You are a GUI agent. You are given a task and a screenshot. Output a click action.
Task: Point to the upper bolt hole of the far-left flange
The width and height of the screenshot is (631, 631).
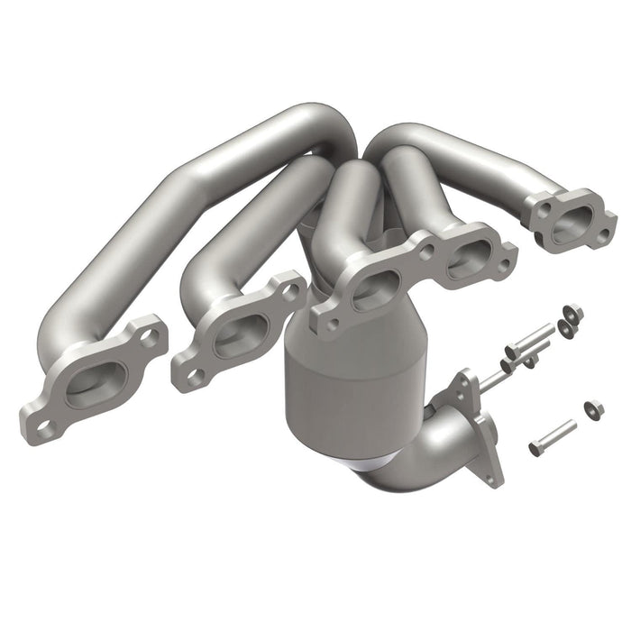click(x=150, y=336)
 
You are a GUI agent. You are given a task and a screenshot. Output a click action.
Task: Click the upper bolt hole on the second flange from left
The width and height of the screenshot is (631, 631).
click(x=290, y=290)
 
